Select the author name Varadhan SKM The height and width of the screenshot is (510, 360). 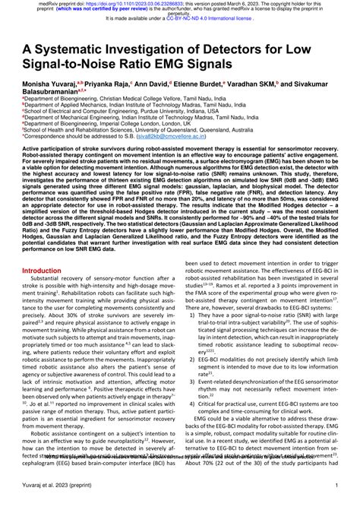pos(280,86)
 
